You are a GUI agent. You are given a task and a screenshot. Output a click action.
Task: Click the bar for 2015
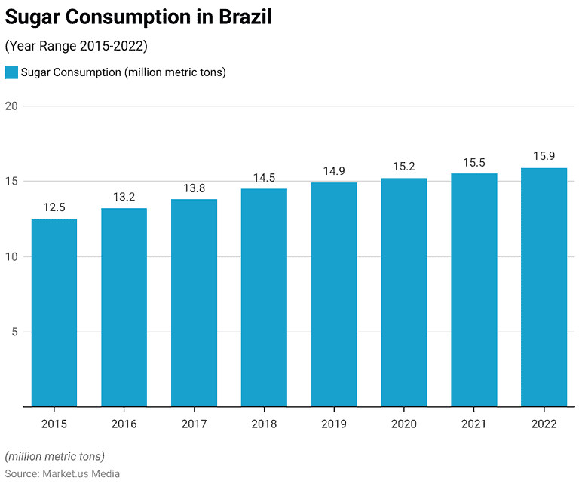tap(54, 313)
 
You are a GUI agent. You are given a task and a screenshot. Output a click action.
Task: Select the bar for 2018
tap(264, 298)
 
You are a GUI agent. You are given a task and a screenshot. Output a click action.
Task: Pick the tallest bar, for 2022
tap(544, 287)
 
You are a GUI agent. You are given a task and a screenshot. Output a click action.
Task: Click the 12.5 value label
tap(54, 207)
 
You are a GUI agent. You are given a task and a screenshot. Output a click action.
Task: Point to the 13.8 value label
tap(194, 188)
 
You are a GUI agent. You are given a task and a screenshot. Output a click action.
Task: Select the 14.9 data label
tap(334, 171)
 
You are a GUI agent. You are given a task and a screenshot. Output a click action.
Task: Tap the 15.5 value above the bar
tap(473, 162)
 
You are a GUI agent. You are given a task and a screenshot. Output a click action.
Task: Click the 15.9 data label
tap(544, 156)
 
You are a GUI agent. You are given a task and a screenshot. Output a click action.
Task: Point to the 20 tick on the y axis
tap(11, 106)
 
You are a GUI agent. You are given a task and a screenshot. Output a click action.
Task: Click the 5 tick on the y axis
tap(14, 332)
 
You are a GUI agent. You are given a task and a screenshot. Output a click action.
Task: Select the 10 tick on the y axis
tap(11, 256)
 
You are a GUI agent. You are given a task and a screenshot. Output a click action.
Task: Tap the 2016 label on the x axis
tap(124, 424)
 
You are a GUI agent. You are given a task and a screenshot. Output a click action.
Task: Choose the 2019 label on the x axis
tap(334, 424)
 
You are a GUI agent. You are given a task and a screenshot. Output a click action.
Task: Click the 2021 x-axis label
tap(473, 424)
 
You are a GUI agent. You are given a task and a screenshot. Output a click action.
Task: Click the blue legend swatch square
tap(11, 72)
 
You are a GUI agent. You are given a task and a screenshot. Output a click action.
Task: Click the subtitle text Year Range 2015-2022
tap(76, 46)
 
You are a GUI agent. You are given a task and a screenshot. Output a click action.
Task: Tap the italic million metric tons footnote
tap(55, 456)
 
